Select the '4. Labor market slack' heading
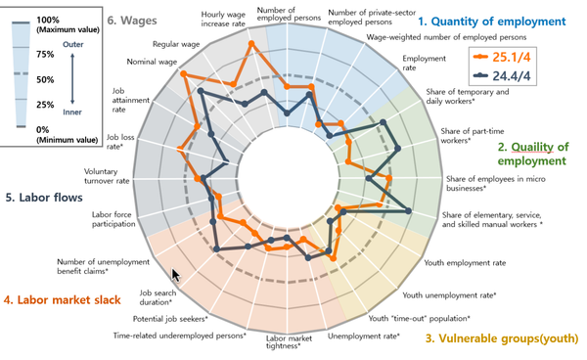pos(67,300)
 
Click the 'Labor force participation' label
pos(112,219)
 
